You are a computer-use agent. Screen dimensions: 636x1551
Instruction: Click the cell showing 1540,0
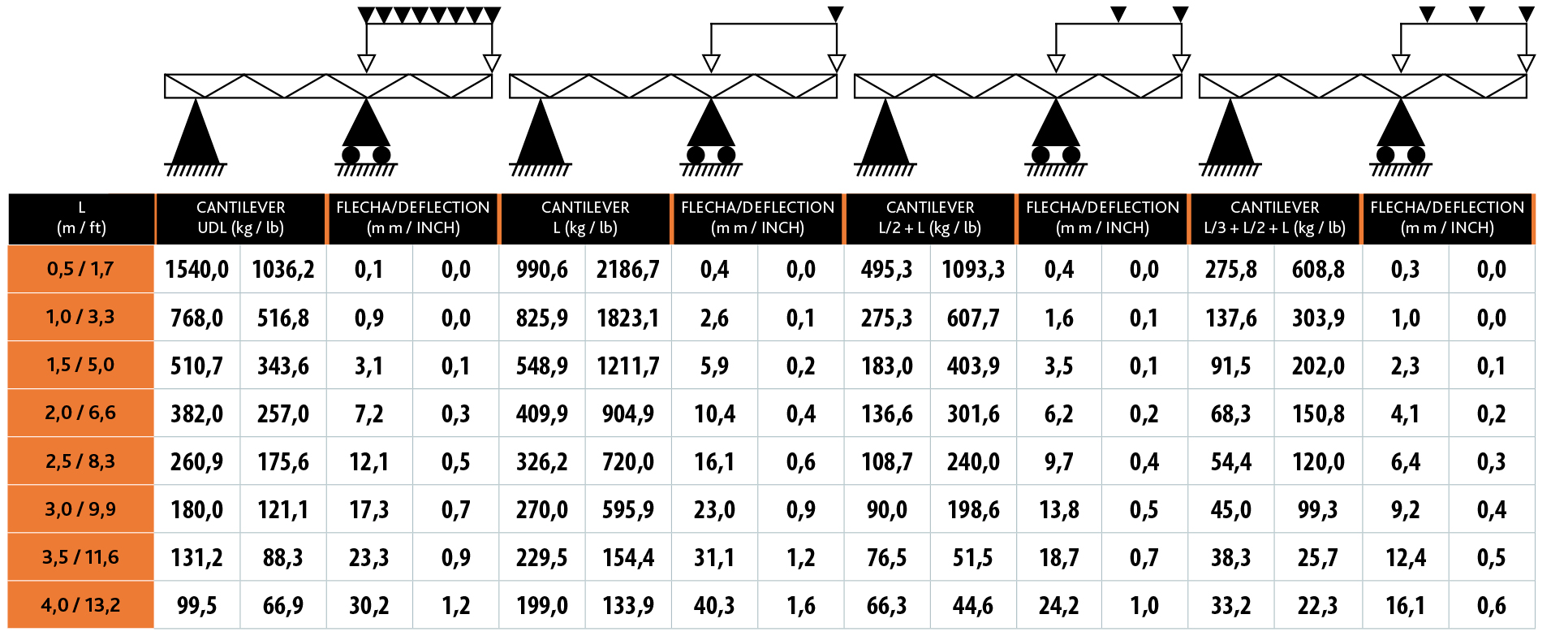[x=197, y=270]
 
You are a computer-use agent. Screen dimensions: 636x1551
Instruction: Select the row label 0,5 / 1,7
[x=80, y=269]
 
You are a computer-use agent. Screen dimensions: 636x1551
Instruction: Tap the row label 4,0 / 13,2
[x=80, y=605]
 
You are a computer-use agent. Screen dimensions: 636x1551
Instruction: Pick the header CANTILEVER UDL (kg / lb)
[x=240, y=218]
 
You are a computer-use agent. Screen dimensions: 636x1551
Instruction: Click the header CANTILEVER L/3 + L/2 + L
[x=1274, y=218]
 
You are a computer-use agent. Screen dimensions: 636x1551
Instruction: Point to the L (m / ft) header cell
[x=81, y=218]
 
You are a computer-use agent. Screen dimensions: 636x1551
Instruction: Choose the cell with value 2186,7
[x=628, y=270]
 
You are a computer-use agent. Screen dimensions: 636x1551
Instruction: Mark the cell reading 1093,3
[x=973, y=270]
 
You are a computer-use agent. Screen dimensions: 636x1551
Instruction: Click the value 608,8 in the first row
[x=1318, y=270]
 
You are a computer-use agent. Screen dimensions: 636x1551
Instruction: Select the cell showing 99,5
[x=197, y=606]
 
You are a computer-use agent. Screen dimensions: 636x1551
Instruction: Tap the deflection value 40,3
[x=714, y=606]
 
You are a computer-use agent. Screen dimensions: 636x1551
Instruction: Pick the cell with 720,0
[x=628, y=462]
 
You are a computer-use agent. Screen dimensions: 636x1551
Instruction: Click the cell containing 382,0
[x=197, y=414]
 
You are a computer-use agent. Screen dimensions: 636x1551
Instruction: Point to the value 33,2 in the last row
[x=1231, y=606]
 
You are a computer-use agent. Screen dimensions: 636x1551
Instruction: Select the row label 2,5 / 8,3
[x=80, y=461]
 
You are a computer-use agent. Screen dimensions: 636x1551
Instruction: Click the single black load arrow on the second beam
[x=836, y=14]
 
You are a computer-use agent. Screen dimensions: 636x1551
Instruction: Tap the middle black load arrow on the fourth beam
[x=1477, y=14]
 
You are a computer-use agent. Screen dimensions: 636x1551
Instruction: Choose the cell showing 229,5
[x=542, y=558]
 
